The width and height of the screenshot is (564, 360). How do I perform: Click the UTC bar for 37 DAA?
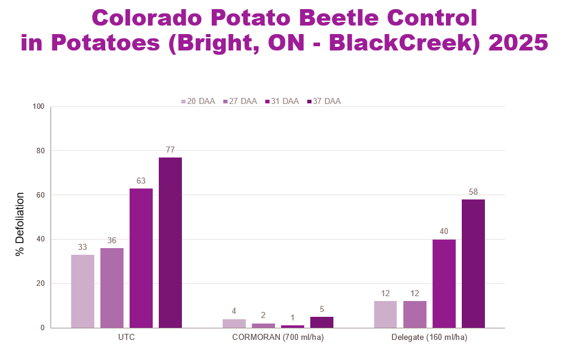170,243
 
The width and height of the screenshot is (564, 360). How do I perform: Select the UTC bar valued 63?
141,258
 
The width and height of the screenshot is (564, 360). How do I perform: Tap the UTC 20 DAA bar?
83,291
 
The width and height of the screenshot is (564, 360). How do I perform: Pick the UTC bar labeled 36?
112,288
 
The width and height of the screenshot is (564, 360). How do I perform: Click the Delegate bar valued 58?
473,263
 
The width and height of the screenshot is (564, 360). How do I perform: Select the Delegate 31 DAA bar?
444,283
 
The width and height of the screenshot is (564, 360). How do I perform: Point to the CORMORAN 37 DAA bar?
322,322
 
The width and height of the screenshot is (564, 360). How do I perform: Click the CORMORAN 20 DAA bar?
234,324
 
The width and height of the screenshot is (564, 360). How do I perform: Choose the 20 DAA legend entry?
198,102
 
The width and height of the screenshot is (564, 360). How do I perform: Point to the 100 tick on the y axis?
39,106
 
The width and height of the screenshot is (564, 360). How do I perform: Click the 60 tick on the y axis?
41,195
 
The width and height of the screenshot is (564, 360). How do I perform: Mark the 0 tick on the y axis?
43,328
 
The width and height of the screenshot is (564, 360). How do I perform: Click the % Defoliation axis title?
20,217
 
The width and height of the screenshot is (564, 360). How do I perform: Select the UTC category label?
127,337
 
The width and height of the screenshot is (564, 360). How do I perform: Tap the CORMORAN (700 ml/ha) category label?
278,337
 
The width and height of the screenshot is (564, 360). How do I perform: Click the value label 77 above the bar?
170,150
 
